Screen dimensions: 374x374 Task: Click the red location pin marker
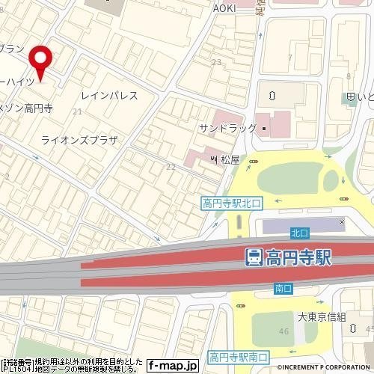coord(40,60)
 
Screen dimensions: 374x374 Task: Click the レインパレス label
coord(109,96)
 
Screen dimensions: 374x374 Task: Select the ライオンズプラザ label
coord(79,139)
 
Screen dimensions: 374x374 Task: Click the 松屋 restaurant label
coord(230,159)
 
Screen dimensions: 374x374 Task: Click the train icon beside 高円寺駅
coord(254,257)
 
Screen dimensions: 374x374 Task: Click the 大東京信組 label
coord(322,317)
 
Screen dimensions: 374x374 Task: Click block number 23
coord(216,62)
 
